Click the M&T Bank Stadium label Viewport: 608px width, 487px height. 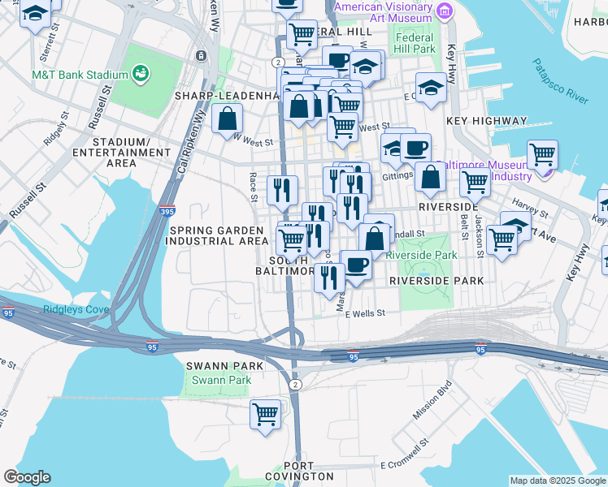(x=80, y=75)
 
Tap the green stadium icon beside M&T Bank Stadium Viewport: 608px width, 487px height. (x=141, y=74)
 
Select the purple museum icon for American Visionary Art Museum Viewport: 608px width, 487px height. (x=444, y=10)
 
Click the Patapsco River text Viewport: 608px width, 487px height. (x=561, y=81)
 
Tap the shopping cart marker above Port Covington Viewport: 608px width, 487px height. (x=265, y=414)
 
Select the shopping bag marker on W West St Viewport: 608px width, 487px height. (x=227, y=119)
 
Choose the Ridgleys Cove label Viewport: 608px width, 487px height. (x=63, y=310)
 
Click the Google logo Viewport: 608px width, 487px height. (x=27, y=477)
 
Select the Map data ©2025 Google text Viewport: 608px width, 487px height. (x=557, y=481)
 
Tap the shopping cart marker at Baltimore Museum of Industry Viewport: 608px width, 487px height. (x=542, y=154)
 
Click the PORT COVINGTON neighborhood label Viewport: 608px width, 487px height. (x=299, y=476)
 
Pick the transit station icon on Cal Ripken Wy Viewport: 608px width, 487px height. (x=200, y=56)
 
